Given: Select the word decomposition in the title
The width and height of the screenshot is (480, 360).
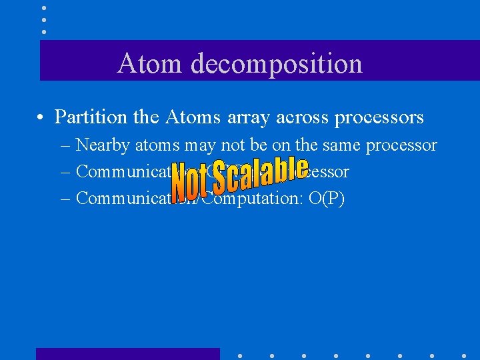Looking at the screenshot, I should click(x=276, y=64).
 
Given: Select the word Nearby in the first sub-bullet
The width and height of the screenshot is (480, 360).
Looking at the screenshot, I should click(x=104, y=145).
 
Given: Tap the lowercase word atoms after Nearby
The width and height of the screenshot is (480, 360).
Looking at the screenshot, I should click(x=159, y=145).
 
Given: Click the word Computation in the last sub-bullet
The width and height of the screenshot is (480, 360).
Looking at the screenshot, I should click(x=247, y=199).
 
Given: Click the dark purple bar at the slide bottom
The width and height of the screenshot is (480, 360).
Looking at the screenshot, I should click(x=127, y=354).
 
